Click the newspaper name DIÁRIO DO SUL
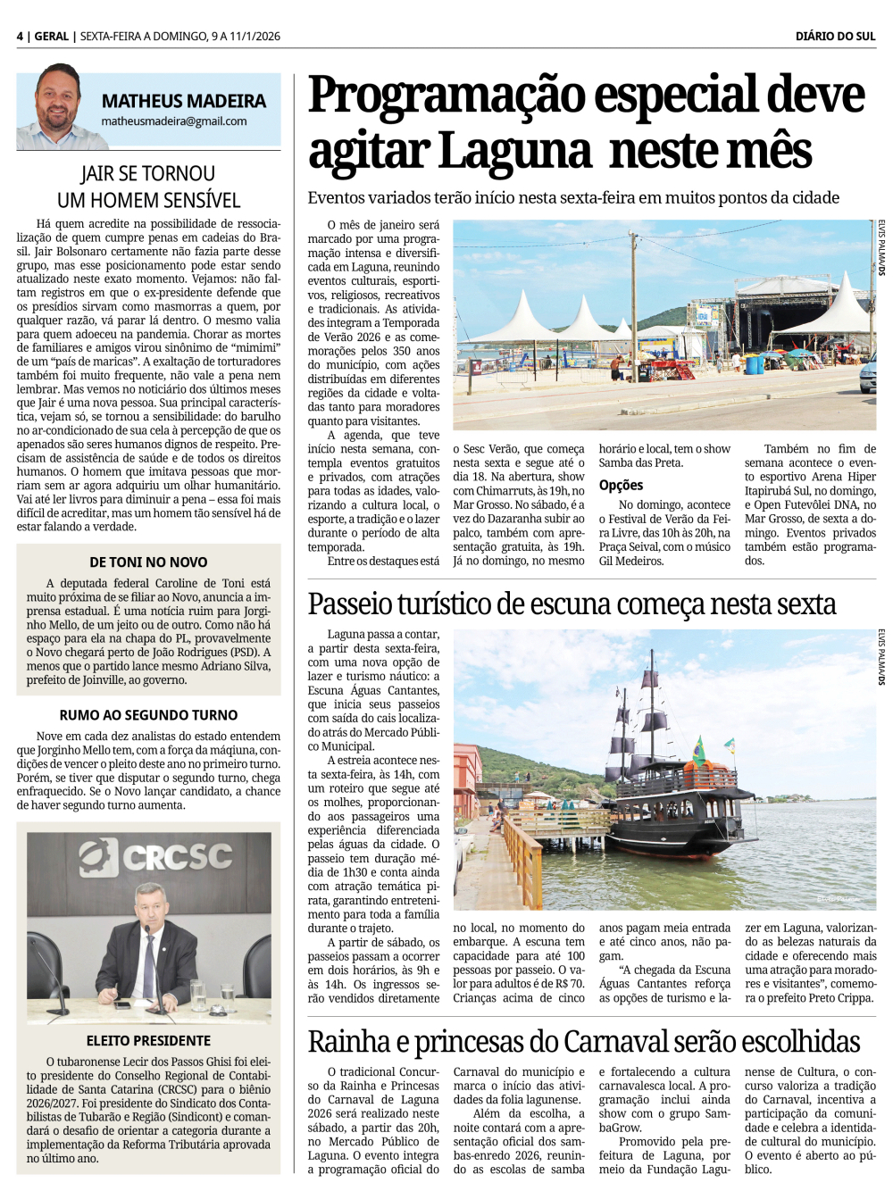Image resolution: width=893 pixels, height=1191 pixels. point(835,36)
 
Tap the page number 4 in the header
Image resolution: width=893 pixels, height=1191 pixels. point(20,36)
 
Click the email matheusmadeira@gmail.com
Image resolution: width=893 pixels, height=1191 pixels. point(174,121)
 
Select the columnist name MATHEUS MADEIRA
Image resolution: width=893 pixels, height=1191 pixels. point(183,101)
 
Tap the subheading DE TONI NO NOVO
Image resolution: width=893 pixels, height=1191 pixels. point(148,562)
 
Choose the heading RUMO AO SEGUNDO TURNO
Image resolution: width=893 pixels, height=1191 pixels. point(148,715)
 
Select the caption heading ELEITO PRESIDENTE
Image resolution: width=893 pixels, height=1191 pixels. point(148,1041)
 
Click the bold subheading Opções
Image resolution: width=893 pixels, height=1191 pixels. point(621,485)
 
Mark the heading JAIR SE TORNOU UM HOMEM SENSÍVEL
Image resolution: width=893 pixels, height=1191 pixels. point(148,187)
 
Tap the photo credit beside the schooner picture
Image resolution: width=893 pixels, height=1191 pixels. point(881,657)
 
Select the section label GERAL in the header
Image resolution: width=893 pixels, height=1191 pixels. point(52,36)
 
